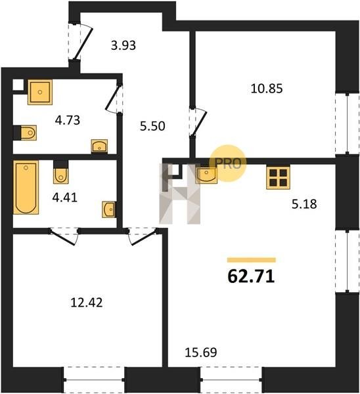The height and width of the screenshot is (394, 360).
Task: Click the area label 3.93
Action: (124, 45)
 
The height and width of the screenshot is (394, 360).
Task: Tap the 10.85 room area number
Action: (267, 89)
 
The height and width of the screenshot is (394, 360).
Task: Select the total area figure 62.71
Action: (251, 276)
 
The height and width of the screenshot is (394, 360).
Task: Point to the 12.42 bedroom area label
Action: (87, 302)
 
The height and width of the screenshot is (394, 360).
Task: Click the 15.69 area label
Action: (200, 352)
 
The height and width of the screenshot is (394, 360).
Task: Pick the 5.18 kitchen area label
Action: (304, 204)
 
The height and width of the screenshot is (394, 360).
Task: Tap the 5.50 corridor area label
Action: (152, 126)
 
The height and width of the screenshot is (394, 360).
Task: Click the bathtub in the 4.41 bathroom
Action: (26, 187)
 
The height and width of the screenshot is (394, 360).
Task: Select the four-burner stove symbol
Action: (279, 177)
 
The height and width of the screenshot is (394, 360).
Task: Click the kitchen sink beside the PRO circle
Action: (206, 175)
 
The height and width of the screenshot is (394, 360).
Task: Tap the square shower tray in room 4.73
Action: (40, 92)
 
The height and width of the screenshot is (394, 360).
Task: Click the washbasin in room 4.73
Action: (100, 146)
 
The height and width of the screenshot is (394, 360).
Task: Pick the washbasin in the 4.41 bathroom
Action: (109, 209)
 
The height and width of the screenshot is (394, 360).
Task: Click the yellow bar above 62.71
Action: (252, 260)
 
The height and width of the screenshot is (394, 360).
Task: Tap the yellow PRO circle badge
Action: (228, 163)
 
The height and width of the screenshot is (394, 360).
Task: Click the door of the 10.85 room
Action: (198, 122)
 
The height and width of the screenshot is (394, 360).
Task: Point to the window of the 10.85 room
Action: (347, 123)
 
